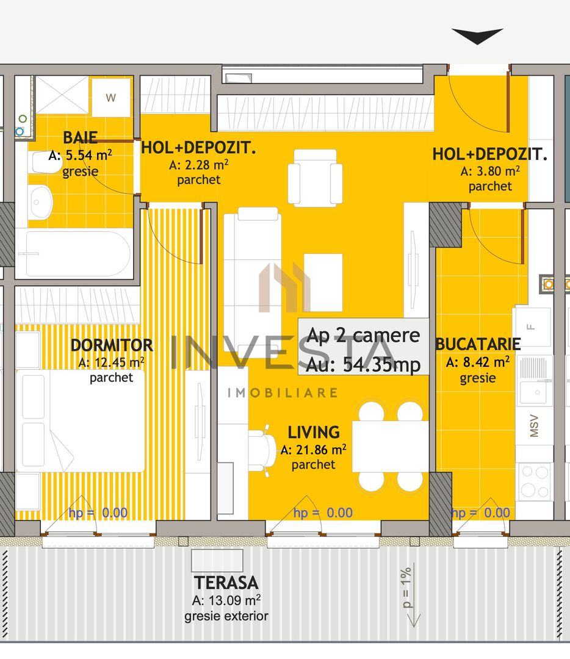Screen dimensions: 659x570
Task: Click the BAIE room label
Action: pos(80,138)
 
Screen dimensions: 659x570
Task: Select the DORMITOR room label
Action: pos(111,345)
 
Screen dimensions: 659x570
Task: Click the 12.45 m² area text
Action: pos(111,362)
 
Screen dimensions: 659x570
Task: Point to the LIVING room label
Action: pos(314,433)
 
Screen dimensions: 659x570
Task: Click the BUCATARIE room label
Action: pos(478,344)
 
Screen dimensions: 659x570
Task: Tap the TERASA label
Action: pos(226,583)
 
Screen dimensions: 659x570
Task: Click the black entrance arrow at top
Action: pos(477,36)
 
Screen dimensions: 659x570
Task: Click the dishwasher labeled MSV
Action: pos(535,427)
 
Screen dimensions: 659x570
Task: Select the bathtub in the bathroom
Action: pos(73,253)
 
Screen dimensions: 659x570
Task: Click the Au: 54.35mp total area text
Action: pos(364,365)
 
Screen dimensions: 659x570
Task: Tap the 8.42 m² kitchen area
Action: pos(478,362)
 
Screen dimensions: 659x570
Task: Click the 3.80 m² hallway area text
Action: pos(490,171)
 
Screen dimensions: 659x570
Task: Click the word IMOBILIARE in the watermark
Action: pos(282,392)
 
